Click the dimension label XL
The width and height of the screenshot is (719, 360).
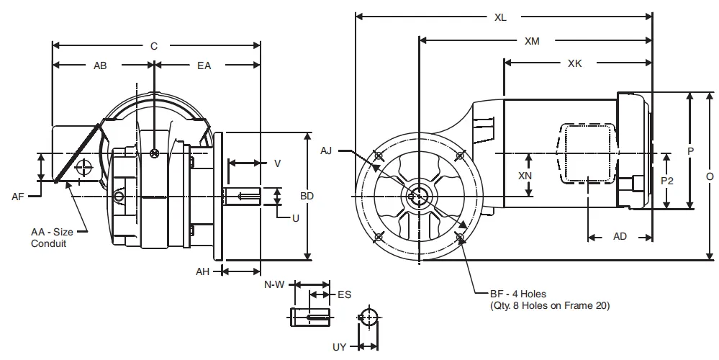[500, 17]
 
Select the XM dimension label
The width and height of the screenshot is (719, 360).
[532, 41]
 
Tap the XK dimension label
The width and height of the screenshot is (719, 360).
[574, 64]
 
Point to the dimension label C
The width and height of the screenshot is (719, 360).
[153, 46]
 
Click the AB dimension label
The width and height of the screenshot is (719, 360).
[101, 66]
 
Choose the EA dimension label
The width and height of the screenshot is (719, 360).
[204, 66]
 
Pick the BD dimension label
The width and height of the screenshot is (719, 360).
[307, 196]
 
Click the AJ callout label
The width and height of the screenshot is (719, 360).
[327, 150]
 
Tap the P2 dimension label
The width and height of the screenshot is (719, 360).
[667, 181]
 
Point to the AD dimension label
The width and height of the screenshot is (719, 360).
[619, 236]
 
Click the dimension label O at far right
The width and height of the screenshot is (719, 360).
[710, 176]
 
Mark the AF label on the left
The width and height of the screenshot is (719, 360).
[19, 196]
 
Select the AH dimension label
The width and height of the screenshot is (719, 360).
[204, 271]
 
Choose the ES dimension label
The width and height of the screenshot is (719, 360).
[344, 294]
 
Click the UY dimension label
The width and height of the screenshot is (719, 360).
[339, 347]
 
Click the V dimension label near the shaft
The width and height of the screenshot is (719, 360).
[277, 163]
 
